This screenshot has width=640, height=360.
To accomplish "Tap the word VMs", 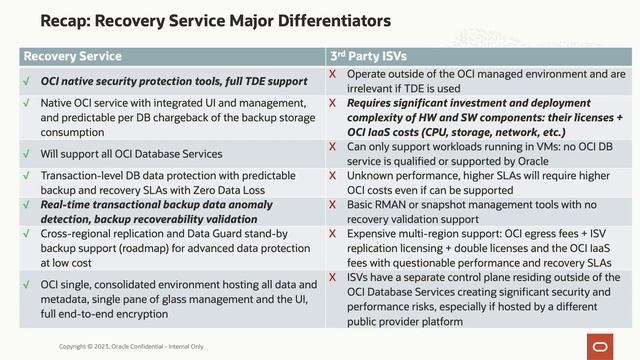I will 524,146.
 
